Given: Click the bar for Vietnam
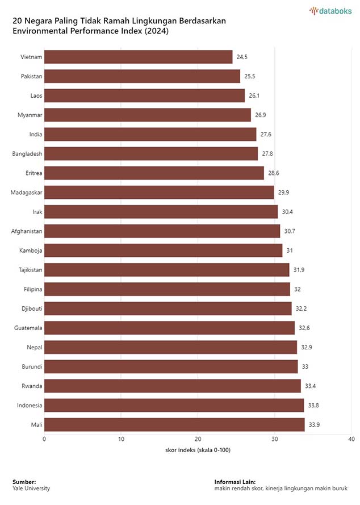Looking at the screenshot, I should [138, 57].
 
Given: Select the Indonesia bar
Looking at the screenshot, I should [174, 405].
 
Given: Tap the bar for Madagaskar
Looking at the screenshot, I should [159, 193].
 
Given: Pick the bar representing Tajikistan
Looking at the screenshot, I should [166, 270].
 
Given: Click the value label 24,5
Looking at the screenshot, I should [242, 57].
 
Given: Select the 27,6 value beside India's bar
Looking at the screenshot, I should [266, 135].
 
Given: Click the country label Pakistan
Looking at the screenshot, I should [31, 76].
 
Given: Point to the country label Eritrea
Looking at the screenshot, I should [33, 173].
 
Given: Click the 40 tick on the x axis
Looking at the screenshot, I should [351, 439].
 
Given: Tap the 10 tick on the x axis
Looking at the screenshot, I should [121, 439].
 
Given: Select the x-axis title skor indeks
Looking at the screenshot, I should [198, 450].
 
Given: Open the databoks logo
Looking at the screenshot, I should [330, 10].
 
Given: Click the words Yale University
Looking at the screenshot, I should [31, 488].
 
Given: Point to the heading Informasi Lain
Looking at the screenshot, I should [235, 482].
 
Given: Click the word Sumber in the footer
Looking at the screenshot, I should [24, 482].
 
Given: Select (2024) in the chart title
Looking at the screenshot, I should [156, 31].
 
